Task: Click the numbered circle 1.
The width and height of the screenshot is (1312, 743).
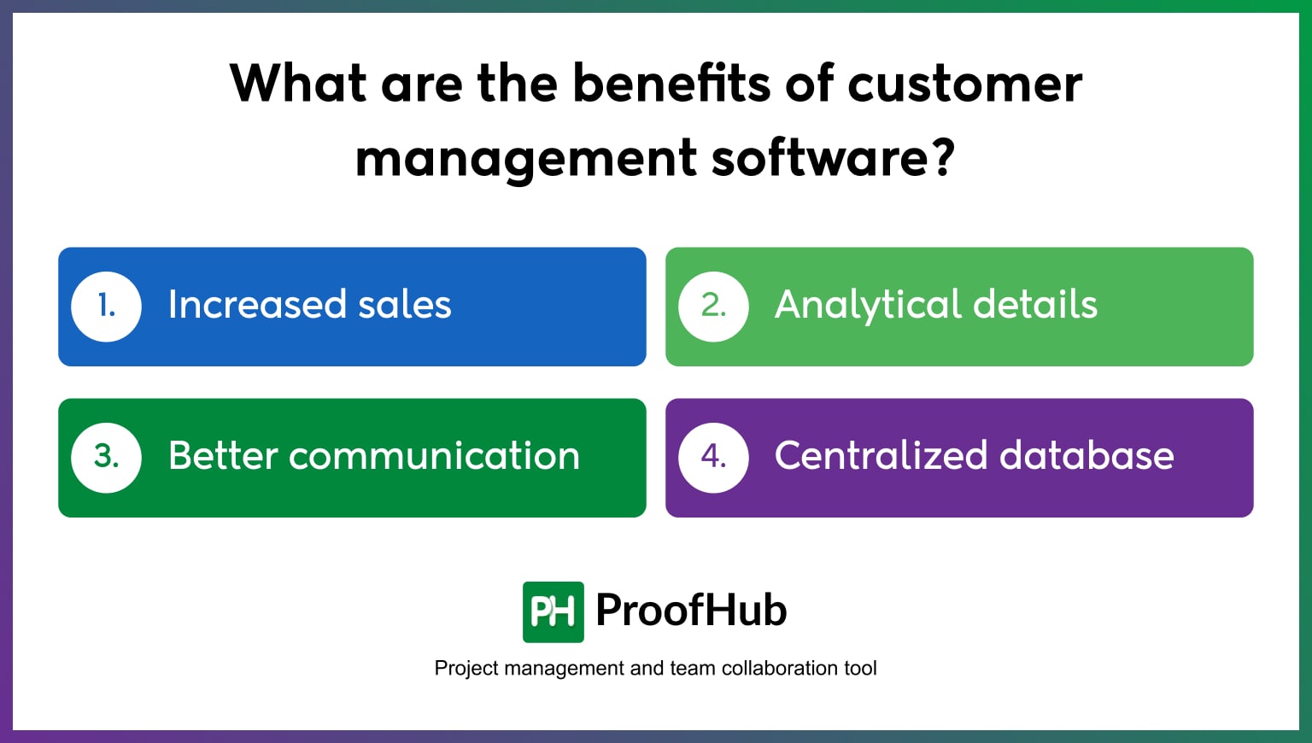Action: point(106,306)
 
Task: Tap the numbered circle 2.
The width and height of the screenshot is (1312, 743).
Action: point(713,306)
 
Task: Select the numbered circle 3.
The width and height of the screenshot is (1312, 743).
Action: point(106,457)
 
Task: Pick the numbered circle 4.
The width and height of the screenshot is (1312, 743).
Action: point(713,457)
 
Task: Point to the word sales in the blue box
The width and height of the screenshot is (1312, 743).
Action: point(405,305)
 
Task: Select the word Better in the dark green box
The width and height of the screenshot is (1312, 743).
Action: point(223,456)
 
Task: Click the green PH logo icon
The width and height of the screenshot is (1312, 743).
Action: point(553,611)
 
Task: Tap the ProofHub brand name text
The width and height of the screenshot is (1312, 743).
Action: point(691,611)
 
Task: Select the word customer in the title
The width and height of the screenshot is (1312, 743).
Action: point(964,84)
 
